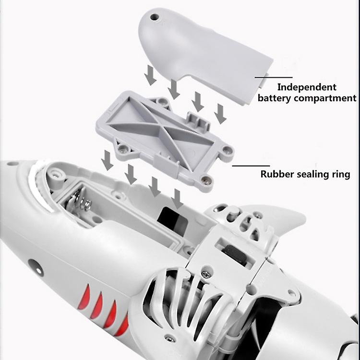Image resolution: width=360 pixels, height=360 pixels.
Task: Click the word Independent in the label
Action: (x=307, y=87)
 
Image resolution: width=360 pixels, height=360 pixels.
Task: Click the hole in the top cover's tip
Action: (x=155, y=17)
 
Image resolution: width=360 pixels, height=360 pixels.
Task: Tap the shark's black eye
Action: (x=36, y=267)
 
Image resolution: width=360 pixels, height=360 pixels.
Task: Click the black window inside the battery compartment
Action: (x=172, y=218)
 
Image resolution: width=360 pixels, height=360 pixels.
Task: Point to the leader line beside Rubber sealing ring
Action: (x=251, y=166)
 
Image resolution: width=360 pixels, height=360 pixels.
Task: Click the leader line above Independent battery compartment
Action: (x=274, y=77)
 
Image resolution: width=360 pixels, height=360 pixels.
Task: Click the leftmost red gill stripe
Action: (x=84, y=296)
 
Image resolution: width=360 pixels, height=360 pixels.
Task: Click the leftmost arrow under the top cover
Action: (x=150, y=75)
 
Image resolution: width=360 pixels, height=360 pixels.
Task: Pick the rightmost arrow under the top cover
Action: (x=221, y=114)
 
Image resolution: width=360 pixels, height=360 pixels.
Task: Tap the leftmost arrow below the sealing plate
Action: (x=107, y=160)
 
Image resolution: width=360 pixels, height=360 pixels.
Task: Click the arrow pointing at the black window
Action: (x=177, y=199)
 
